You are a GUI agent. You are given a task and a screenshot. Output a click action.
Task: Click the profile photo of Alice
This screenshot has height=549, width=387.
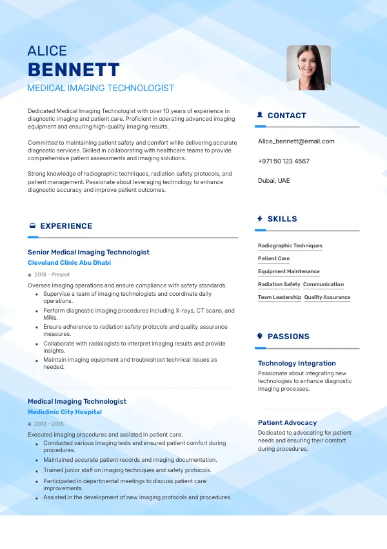click(308, 67)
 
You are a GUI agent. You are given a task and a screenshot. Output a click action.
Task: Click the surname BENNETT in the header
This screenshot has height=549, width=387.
click(74, 70)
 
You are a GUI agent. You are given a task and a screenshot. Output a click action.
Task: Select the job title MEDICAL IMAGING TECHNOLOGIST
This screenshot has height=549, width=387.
click(101, 88)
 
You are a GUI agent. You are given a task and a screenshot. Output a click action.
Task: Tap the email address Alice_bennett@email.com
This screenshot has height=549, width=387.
click(296, 141)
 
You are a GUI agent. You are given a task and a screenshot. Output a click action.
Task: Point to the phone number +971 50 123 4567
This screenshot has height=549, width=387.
click(283, 161)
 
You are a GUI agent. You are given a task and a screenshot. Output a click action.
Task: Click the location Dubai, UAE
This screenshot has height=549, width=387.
click(274, 180)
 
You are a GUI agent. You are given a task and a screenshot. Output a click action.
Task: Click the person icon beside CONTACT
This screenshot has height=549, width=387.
click(260, 115)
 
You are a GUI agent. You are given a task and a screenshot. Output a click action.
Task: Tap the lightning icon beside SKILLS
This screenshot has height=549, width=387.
click(260, 219)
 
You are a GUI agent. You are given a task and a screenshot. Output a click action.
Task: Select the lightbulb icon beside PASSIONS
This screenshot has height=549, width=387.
click(260, 336)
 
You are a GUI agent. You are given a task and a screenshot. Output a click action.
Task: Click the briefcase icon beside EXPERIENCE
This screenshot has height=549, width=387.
click(32, 226)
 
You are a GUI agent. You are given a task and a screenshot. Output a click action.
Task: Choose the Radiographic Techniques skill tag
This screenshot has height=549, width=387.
click(290, 245)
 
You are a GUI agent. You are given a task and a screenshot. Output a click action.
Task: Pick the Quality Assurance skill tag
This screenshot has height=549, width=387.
click(327, 297)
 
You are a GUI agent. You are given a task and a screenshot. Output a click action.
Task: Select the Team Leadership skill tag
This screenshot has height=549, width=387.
click(279, 297)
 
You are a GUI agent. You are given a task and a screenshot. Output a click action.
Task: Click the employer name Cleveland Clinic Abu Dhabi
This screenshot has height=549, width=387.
click(69, 263)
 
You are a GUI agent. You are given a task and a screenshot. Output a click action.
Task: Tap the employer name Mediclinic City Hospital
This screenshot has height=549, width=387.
click(64, 412)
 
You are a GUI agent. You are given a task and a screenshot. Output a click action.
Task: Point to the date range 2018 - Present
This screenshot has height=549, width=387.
click(52, 274)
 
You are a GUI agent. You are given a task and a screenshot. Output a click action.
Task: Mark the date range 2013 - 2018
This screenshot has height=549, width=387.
click(49, 424)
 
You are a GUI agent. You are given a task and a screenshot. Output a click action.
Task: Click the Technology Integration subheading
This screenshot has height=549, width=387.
click(297, 363)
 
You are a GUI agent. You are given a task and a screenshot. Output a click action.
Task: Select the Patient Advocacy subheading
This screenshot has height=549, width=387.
click(287, 422)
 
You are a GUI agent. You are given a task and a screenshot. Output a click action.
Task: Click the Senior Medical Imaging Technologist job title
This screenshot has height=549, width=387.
click(88, 252)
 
